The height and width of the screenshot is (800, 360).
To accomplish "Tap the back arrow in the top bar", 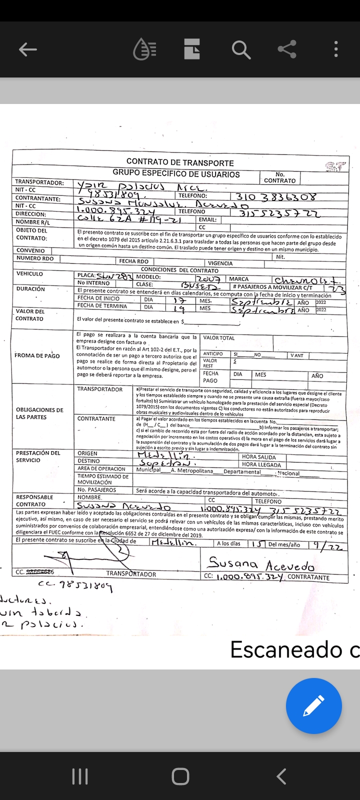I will point(28,49).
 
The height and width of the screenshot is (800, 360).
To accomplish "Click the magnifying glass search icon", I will point(240,49).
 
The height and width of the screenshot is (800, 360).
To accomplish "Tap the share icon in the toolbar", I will point(287,49).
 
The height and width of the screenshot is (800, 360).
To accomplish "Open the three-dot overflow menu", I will point(336,49).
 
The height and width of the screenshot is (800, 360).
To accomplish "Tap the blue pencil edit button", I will point(313,706).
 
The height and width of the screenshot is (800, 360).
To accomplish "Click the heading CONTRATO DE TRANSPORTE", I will point(180,162).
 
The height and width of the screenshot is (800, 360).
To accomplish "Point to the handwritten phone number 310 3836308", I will point(276,196).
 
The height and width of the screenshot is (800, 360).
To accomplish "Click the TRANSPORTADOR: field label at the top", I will point(39,182).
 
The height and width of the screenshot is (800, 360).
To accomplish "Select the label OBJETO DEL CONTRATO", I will point(31,234).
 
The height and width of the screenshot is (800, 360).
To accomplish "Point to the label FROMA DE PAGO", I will point(37,355).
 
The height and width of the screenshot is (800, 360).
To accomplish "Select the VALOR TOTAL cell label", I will point(219,338).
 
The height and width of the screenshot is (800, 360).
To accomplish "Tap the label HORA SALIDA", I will point(258,456).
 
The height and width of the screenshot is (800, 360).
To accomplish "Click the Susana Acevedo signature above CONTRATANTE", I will point(261,564).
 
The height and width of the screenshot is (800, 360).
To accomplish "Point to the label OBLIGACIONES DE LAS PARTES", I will point(39,413).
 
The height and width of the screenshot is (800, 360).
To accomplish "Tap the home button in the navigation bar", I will point(180,776).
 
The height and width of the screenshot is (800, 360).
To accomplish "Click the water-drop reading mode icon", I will point(145,49).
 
